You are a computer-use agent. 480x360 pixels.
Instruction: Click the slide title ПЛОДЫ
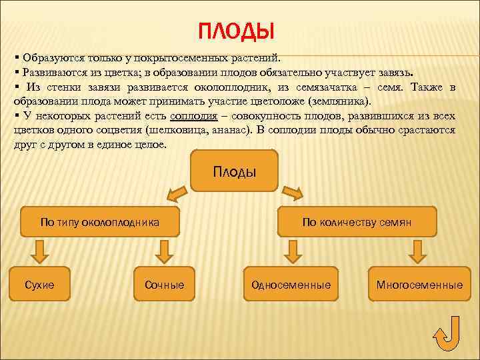tap(237, 31)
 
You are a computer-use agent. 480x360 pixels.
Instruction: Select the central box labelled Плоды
tap(235, 171)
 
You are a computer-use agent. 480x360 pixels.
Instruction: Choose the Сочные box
tap(164, 285)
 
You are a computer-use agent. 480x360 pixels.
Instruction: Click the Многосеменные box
tap(419, 285)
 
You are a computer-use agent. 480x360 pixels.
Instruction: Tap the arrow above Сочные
tap(164, 251)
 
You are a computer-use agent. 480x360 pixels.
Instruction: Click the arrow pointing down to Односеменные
tap(291, 251)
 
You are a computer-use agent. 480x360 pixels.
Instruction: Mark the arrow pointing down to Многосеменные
tap(418, 251)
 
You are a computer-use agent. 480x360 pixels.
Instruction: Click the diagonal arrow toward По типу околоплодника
tap(177, 194)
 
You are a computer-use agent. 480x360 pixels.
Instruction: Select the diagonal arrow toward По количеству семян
tap(293, 194)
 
